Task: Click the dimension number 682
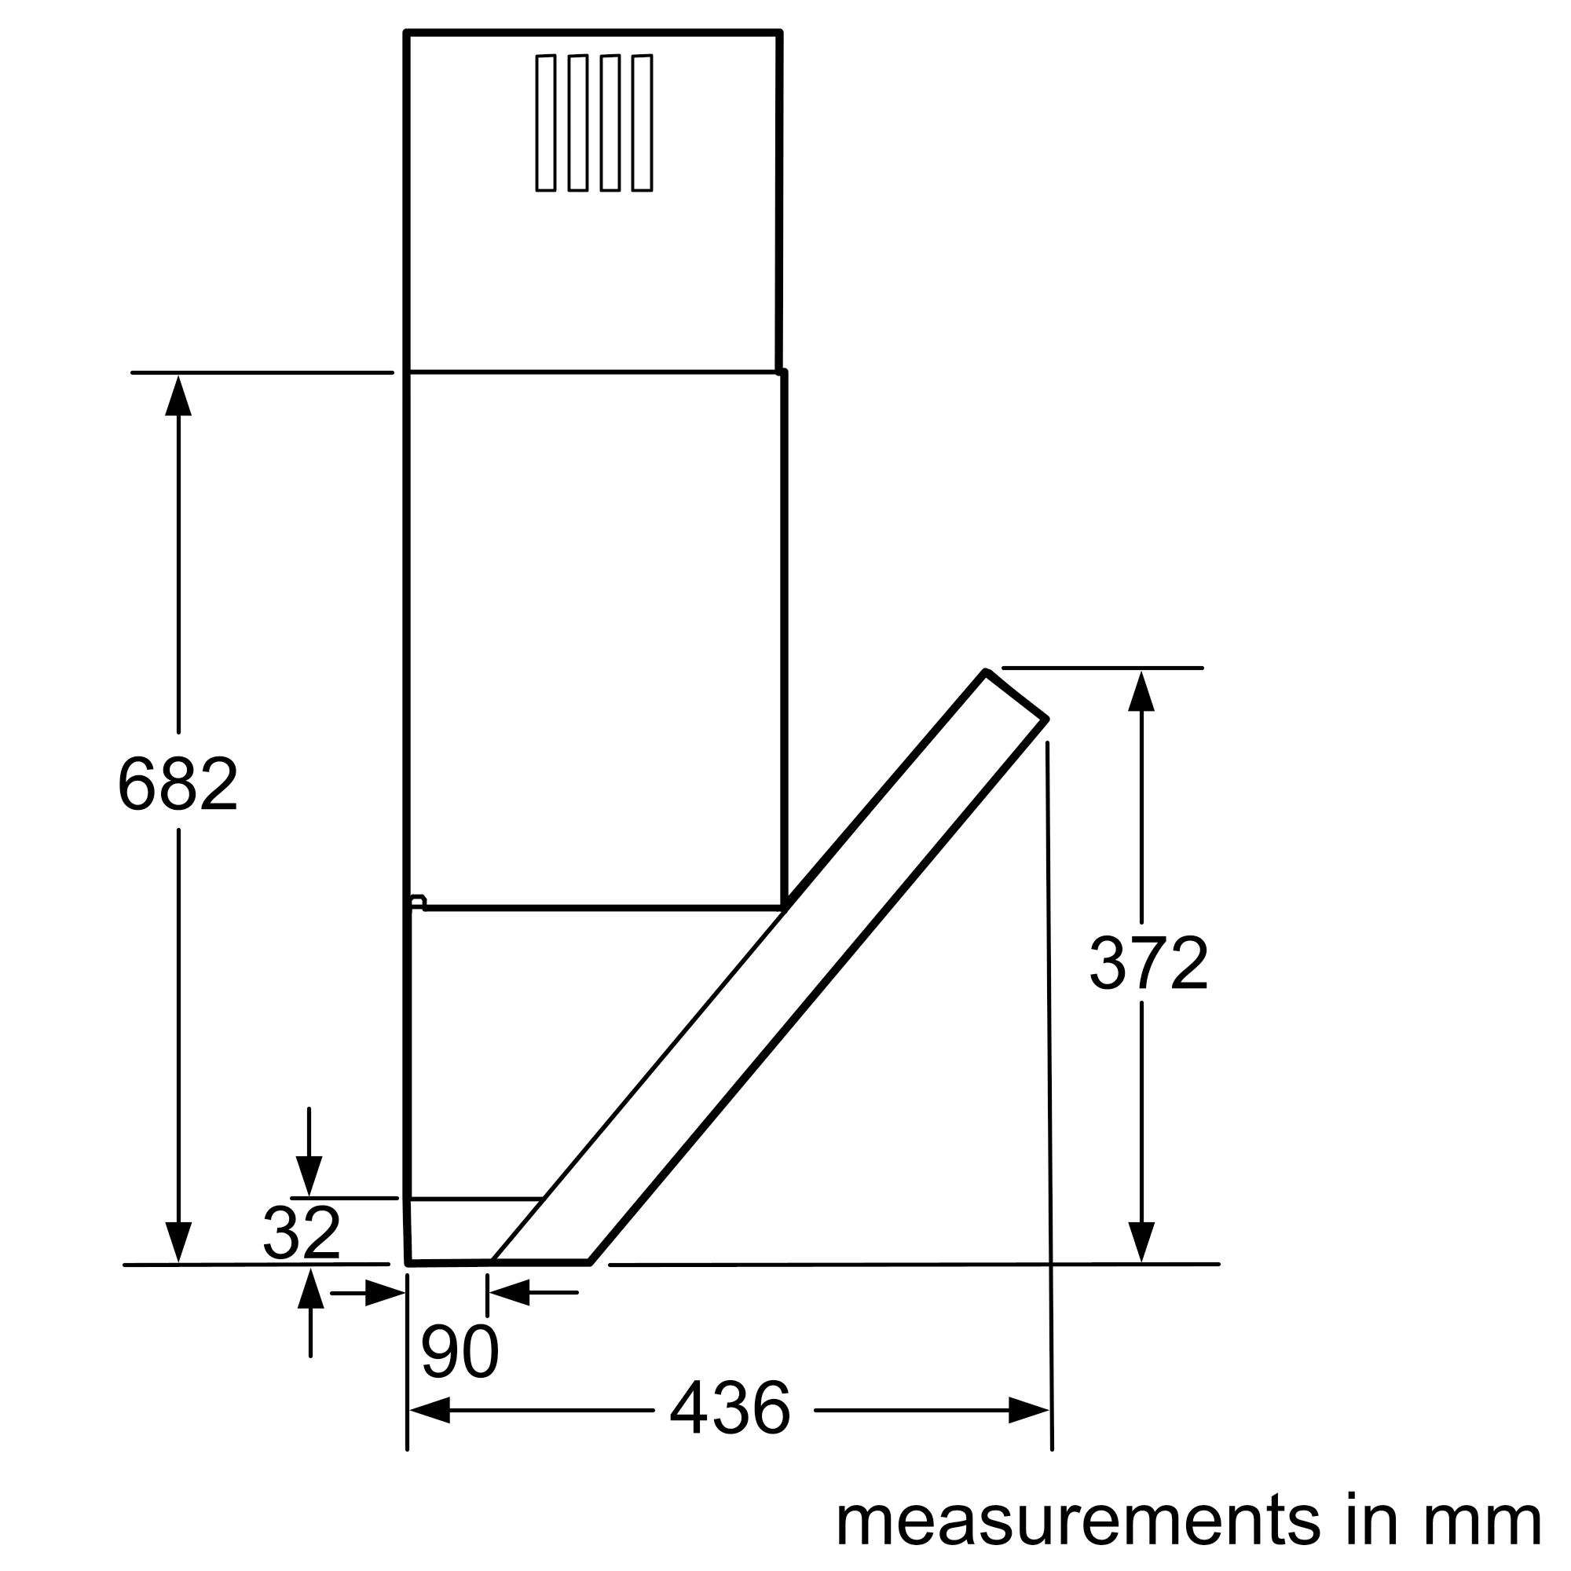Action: [x=178, y=784]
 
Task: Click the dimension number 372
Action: [x=1148, y=963]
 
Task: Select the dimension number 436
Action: [x=730, y=1408]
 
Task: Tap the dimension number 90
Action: [x=460, y=1351]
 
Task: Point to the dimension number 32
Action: [x=301, y=1232]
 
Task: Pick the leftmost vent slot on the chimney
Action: [x=546, y=123]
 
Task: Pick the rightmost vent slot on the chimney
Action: [x=643, y=123]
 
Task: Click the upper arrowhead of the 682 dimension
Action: [x=178, y=397]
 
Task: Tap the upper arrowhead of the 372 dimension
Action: [x=1141, y=691]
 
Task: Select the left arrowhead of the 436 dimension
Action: [x=430, y=1410]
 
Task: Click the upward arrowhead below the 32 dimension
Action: [x=310, y=1290]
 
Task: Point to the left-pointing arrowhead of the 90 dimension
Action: [x=509, y=1292]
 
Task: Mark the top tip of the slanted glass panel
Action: [x=987, y=672]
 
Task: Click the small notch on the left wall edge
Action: [x=417, y=901]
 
